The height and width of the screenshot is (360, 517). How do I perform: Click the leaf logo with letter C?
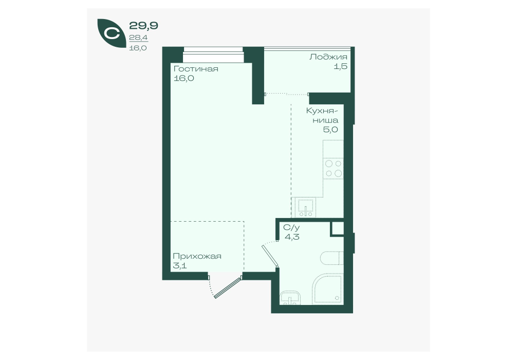(112, 33)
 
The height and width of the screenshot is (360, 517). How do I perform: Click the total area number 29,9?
(143, 25)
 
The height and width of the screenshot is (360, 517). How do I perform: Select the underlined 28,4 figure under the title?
(138, 38)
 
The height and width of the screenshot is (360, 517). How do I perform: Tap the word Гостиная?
(196, 69)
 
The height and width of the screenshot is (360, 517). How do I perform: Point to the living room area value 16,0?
(183, 79)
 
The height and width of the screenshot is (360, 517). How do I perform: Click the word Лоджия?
(328, 57)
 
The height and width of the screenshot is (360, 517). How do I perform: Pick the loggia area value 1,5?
(341, 66)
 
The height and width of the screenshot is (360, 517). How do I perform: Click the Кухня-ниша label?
(322, 115)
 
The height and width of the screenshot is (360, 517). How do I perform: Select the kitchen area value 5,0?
(330, 130)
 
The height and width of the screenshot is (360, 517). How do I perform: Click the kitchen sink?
(304, 208)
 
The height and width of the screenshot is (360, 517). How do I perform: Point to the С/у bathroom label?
(292, 227)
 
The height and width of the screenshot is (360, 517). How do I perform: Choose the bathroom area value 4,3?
(292, 237)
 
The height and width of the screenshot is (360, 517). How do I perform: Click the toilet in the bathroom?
(331, 258)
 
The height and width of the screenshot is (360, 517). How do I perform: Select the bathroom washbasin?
(290, 298)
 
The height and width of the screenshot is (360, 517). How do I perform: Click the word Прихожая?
(197, 257)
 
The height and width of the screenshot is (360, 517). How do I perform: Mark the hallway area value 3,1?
(180, 265)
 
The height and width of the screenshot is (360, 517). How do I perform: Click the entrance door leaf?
(228, 288)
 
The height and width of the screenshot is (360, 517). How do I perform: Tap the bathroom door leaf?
(270, 255)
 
